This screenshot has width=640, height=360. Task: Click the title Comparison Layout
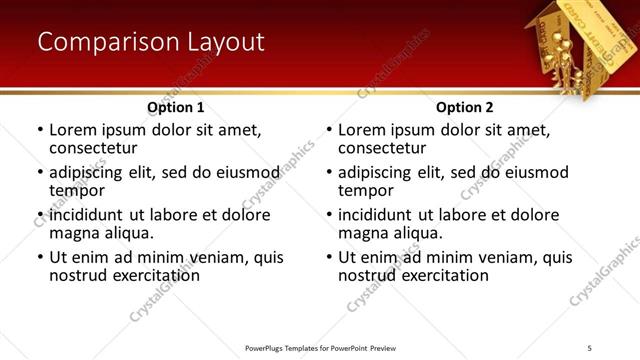151,42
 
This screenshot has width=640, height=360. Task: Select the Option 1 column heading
176,107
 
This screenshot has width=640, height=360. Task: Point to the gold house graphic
575,45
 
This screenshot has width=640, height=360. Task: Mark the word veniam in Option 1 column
226,257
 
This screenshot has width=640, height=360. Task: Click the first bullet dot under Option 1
40,131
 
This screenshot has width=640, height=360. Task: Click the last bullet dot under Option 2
329,258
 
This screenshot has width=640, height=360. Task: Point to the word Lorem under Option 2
362,130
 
